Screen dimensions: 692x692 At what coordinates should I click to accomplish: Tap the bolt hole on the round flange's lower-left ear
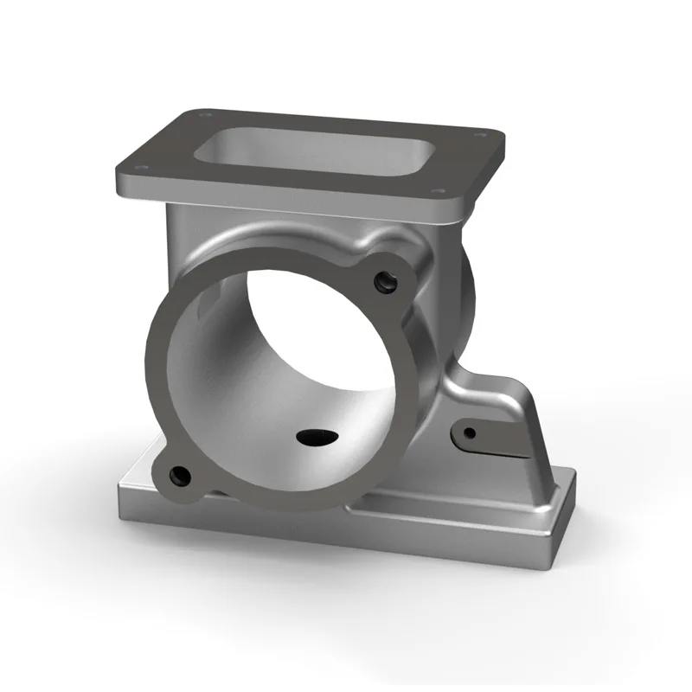tap(180, 475)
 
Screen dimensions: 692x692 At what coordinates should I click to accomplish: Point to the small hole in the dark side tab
tap(469, 432)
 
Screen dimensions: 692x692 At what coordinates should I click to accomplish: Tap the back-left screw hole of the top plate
tap(204, 112)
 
